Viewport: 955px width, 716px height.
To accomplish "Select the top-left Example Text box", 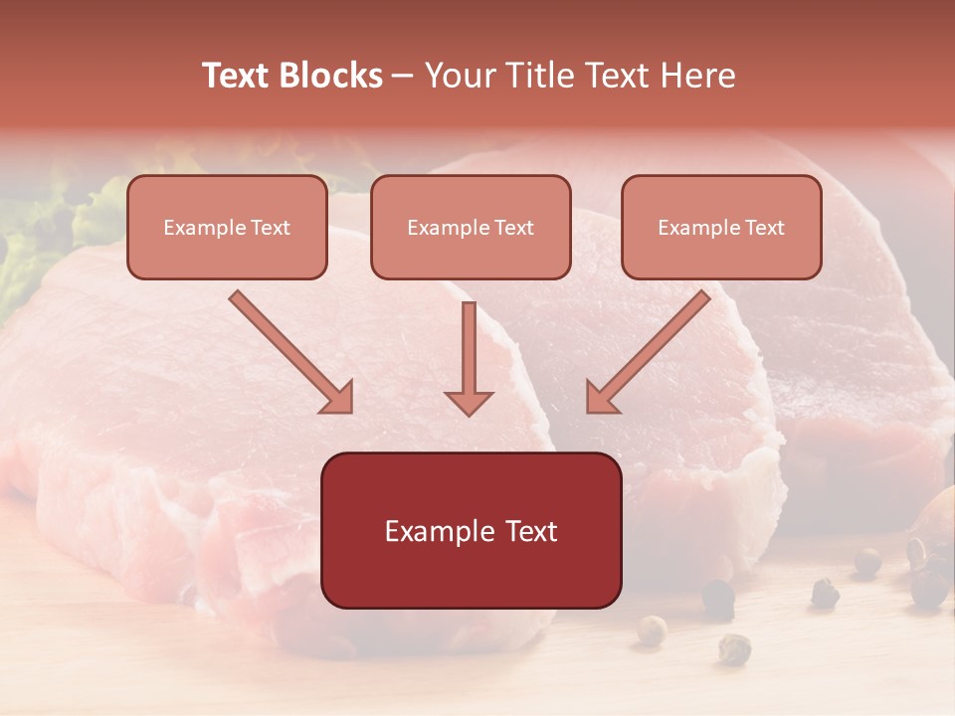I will click(x=227, y=228).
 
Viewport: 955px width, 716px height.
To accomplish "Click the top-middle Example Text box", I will click(x=471, y=228).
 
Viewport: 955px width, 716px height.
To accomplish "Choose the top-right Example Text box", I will click(x=721, y=228).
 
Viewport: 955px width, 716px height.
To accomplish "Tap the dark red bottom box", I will click(x=471, y=530).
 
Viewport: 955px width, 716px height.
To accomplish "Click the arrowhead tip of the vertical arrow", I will click(x=469, y=412).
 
